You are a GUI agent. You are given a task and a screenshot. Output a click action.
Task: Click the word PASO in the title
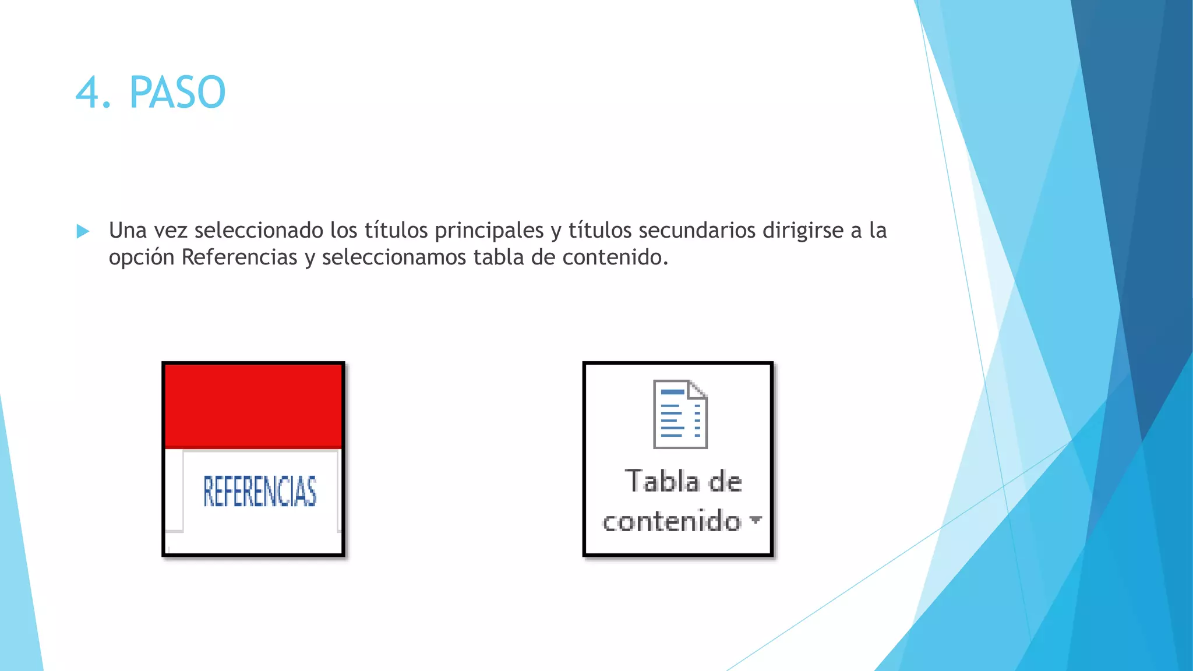pyautogui.click(x=177, y=93)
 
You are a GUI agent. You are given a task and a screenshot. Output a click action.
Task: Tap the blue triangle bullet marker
pyautogui.click(x=83, y=232)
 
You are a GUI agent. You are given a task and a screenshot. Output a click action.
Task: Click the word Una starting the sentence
pyautogui.click(x=128, y=231)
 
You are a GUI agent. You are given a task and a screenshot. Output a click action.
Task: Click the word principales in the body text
pyautogui.click(x=489, y=231)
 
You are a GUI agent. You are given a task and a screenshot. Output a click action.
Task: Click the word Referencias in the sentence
pyautogui.click(x=239, y=257)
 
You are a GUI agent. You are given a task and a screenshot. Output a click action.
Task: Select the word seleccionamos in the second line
pyautogui.click(x=394, y=257)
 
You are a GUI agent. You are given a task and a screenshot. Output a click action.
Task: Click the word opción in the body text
pyautogui.click(x=142, y=257)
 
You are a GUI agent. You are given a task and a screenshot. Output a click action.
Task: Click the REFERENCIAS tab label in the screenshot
pyautogui.click(x=260, y=491)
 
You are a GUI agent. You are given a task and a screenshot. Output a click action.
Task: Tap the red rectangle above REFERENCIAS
pyautogui.click(x=253, y=405)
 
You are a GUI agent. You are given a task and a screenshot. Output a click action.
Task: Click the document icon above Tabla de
pyautogui.click(x=680, y=414)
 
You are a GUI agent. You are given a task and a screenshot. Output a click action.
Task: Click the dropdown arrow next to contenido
pyautogui.click(x=756, y=519)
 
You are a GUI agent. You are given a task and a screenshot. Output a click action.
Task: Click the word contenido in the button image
pyautogui.click(x=672, y=521)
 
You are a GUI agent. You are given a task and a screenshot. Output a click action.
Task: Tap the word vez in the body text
pyautogui.click(x=171, y=231)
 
